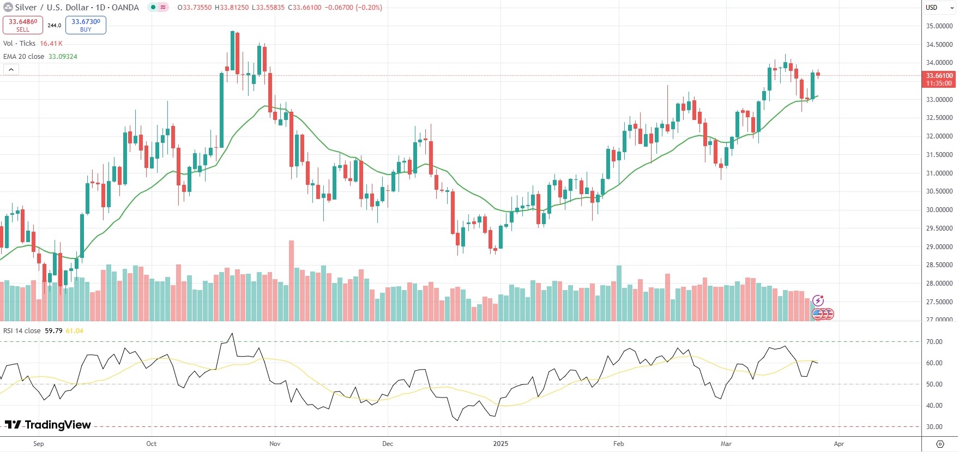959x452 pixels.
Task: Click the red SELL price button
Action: tap(23, 25)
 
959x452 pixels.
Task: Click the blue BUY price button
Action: tap(86, 25)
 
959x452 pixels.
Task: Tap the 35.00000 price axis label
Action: tap(939, 26)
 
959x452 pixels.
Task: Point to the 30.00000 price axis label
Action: tap(939, 210)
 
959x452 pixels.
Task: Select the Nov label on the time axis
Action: tap(275, 444)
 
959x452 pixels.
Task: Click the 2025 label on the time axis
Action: tap(500, 444)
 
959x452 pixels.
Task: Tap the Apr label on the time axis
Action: tap(839, 444)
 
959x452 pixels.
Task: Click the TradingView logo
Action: tap(48, 425)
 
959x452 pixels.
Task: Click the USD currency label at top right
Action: tap(931, 8)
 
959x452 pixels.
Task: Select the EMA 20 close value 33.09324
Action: tap(63, 57)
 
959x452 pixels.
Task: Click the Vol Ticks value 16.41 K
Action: tap(51, 44)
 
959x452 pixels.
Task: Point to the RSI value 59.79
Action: tap(53, 331)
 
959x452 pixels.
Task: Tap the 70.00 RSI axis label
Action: tap(934, 342)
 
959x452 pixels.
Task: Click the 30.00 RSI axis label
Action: tap(934, 427)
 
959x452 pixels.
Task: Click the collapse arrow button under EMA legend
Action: tap(11, 69)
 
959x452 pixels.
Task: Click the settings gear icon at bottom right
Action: tap(940, 444)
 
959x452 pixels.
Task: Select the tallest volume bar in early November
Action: tap(291, 280)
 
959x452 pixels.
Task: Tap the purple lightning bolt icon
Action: tap(818, 300)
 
